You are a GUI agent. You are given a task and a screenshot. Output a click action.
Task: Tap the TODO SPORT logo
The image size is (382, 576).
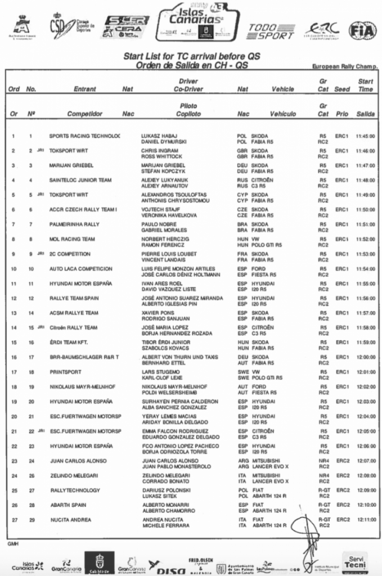[271, 31]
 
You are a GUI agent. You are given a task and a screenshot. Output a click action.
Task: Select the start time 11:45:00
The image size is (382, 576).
[365, 136]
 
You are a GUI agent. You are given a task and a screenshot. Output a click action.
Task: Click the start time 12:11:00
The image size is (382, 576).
[365, 519]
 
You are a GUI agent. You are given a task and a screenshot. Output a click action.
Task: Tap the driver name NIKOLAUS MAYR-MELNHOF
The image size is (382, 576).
[172, 386]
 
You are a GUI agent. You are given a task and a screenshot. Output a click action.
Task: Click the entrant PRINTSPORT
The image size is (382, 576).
[65, 372]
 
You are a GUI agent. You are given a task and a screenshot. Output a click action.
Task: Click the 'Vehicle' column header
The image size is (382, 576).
[282, 89]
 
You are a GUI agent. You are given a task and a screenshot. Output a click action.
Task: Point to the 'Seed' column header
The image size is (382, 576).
[341, 89]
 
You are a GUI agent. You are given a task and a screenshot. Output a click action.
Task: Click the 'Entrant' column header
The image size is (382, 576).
[85, 89]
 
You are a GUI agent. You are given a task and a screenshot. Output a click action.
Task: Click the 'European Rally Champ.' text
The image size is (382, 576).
[344, 66]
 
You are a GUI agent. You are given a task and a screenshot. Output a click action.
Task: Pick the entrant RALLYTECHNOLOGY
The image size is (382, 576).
[75, 490]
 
